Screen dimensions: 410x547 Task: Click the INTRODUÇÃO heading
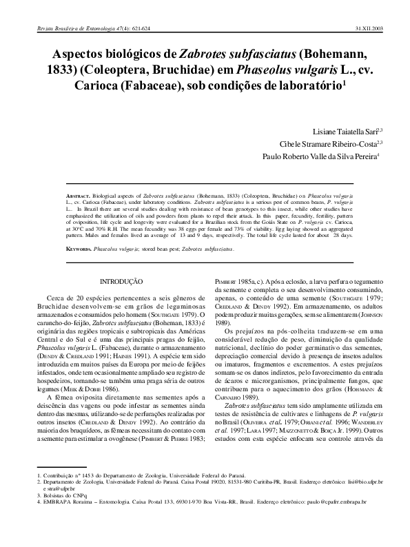tap(121, 281)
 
